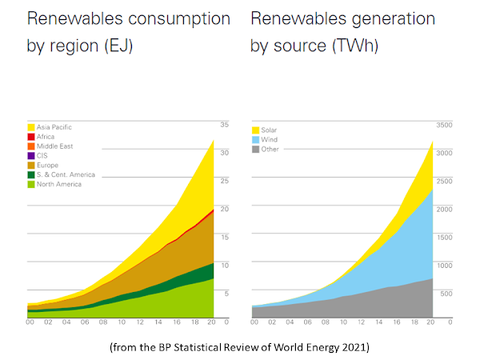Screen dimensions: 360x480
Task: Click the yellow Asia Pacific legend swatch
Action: (30, 126)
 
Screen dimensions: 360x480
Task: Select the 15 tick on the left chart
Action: (225, 237)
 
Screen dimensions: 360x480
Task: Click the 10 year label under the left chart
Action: (120, 322)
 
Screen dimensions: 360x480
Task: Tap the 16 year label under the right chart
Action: (396, 322)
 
